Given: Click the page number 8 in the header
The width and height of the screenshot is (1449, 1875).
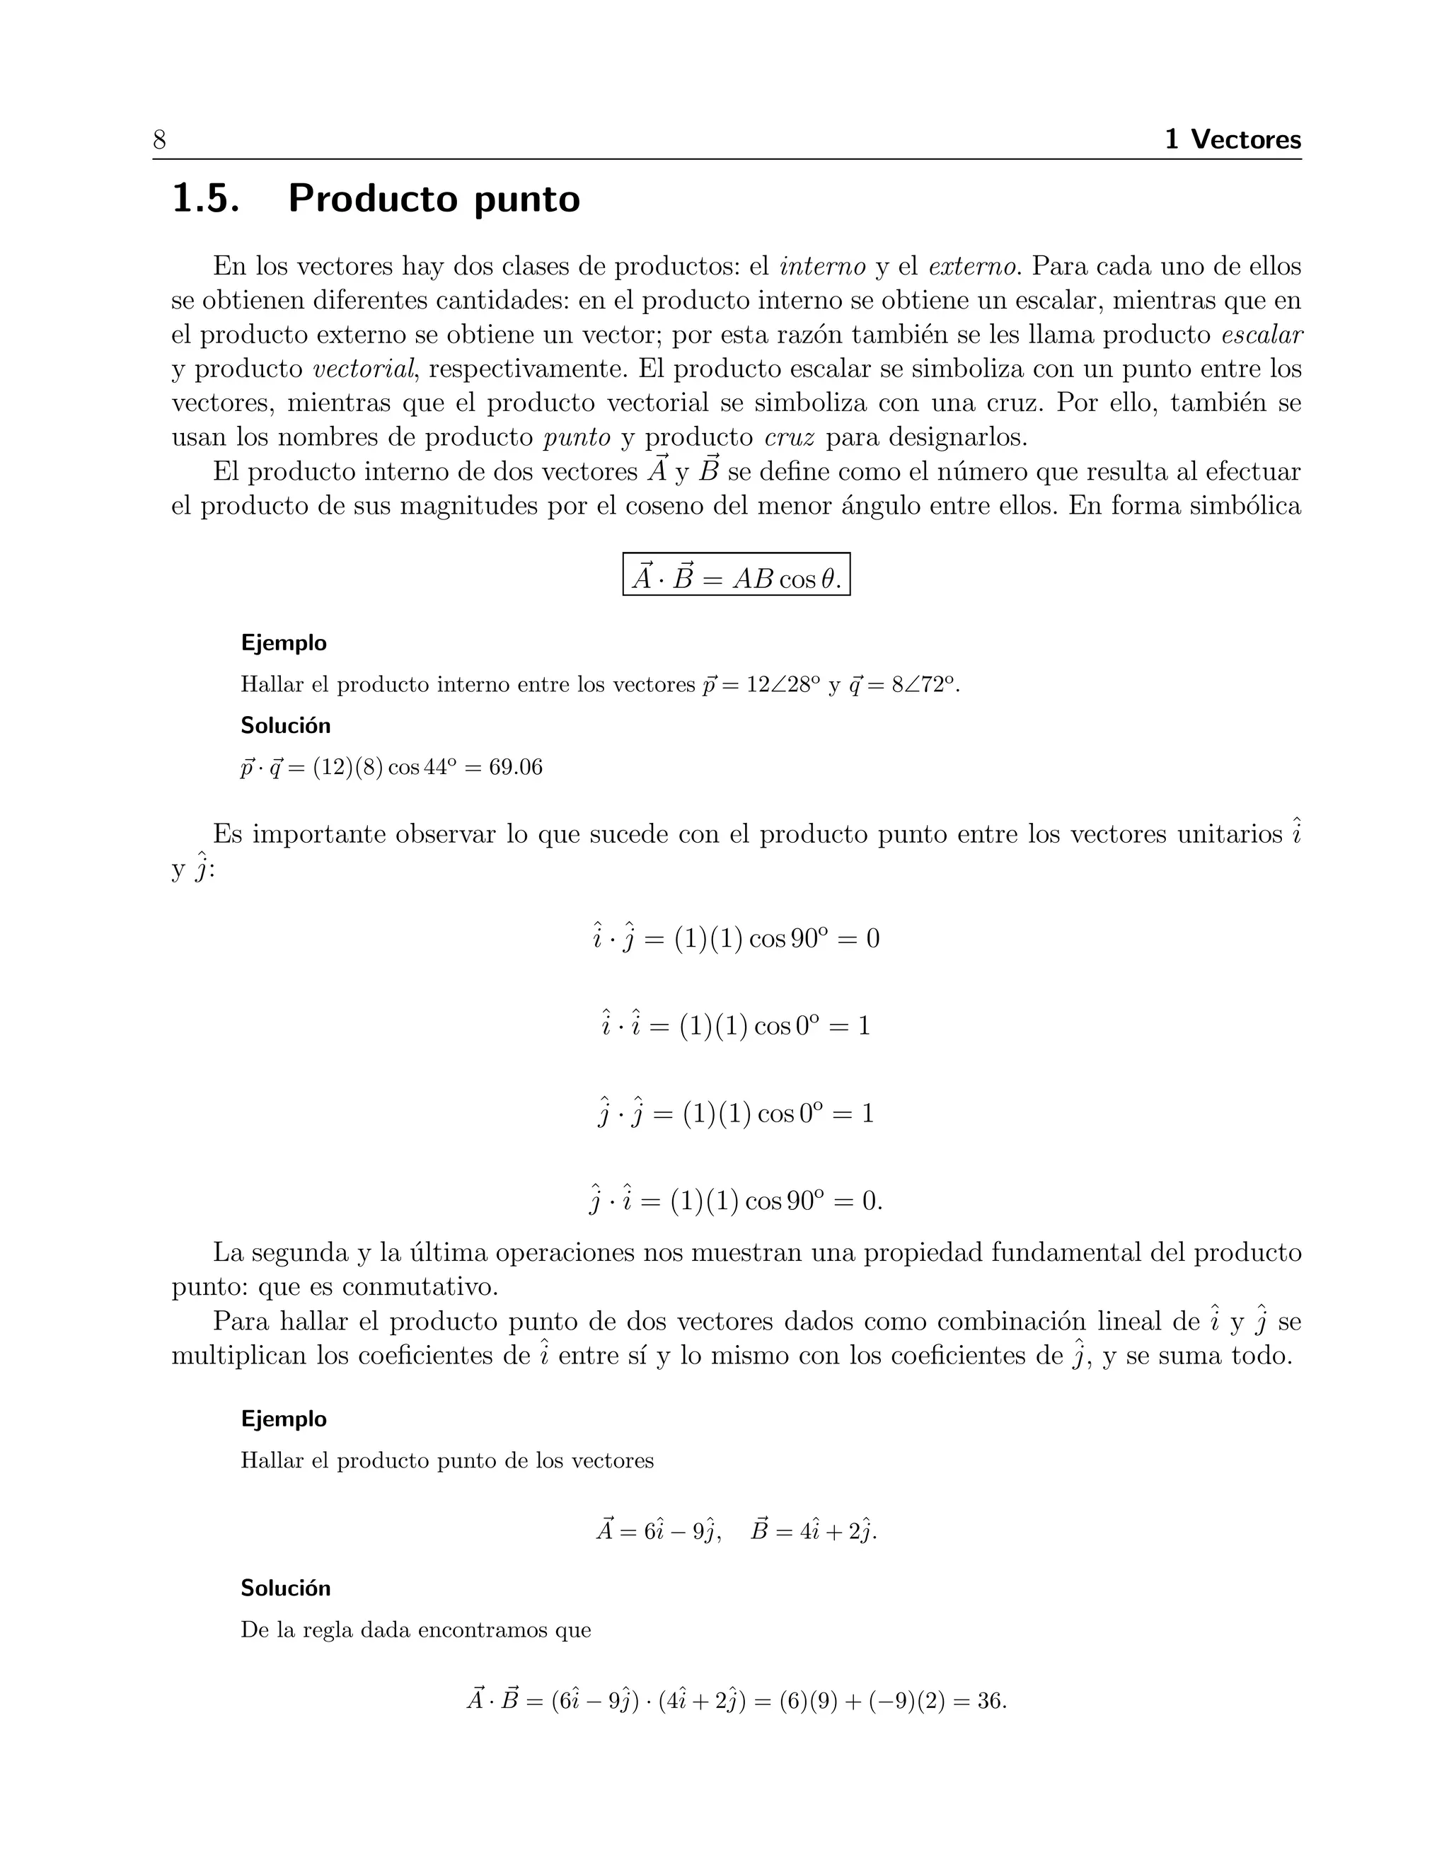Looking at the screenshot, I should (x=160, y=140).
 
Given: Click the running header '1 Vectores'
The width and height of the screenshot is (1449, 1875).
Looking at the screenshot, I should (x=1232, y=139).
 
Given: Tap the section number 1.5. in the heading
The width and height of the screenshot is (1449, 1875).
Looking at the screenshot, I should (x=205, y=200).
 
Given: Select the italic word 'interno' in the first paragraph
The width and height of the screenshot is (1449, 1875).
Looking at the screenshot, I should (x=821, y=267).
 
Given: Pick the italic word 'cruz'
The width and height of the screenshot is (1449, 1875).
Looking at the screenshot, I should (x=789, y=438).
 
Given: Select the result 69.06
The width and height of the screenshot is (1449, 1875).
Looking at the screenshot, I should (x=515, y=768).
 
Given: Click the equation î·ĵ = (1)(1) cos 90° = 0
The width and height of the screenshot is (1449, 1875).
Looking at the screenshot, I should (x=736, y=938).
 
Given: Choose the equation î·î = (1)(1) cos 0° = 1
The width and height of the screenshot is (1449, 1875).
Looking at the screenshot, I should (x=736, y=1025).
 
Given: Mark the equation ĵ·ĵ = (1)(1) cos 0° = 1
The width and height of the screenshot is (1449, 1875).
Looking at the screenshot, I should (x=736, y=1114).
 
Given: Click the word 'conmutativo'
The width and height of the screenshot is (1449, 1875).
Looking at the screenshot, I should (x=420, y=1287).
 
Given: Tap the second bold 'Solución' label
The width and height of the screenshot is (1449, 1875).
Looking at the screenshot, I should (x=285, y=1588).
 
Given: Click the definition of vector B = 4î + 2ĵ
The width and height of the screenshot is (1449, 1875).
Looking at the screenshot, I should (x=813, y=1530).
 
